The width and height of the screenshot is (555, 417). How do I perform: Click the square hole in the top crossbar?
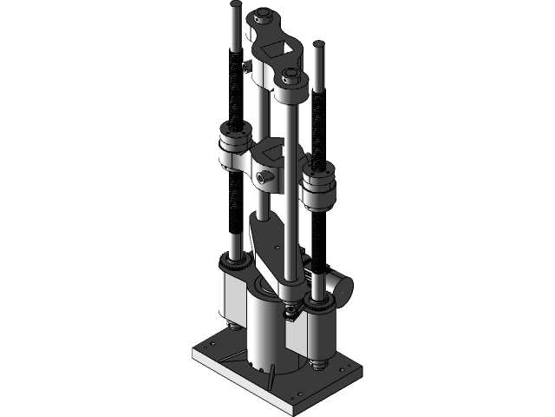pos(275,48)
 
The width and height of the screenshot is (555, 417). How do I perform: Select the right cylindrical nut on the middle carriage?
pos(318,188)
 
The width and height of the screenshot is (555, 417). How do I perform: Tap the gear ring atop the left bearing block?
pos(232,261)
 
